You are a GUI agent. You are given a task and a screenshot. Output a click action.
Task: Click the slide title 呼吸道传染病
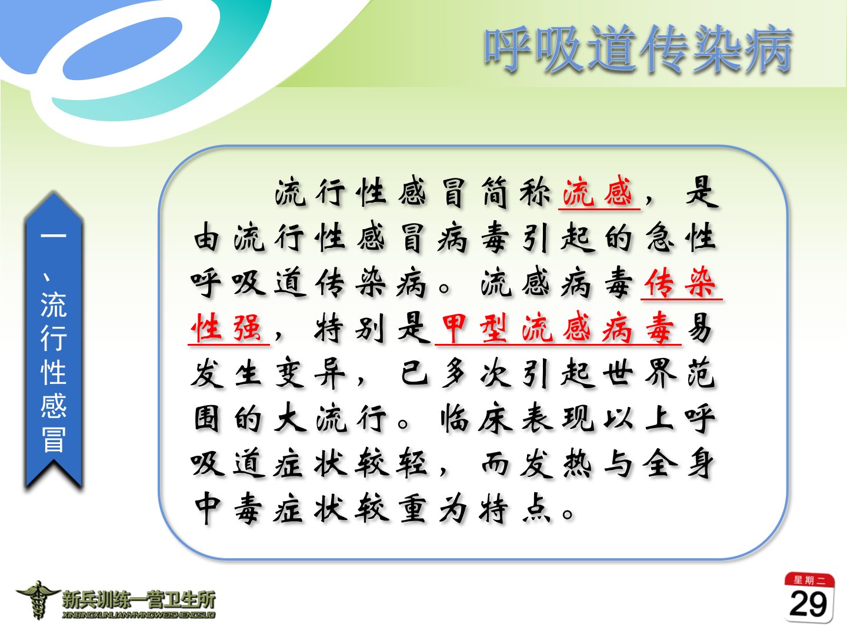click(x=638, y=49)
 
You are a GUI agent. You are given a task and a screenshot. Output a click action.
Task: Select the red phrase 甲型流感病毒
click(x=558, y=327)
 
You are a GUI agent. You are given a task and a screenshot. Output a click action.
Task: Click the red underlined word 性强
click(x=228, y=327)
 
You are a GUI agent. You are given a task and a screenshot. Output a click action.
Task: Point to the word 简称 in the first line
click(x=515, y=192)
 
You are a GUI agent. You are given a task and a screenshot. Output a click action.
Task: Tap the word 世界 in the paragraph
click(x=639, y=373)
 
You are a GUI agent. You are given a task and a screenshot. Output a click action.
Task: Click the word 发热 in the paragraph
click(x=556, y=463)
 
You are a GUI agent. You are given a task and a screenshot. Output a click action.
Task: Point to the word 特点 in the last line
click(x=515, y=509)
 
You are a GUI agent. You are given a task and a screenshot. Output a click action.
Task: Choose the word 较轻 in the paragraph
click(x=392, y=463)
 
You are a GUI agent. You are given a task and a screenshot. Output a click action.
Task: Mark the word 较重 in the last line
click(x=392, y=509)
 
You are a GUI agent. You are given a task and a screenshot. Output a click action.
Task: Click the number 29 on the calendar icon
click(x=808, y=604)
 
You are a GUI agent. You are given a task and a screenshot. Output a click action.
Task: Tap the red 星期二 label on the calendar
click(x=809, y=580)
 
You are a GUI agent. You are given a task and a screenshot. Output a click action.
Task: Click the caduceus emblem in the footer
click(x=38, y=600)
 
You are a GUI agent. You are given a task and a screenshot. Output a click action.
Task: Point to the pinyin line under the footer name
click(x=139, y=615)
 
